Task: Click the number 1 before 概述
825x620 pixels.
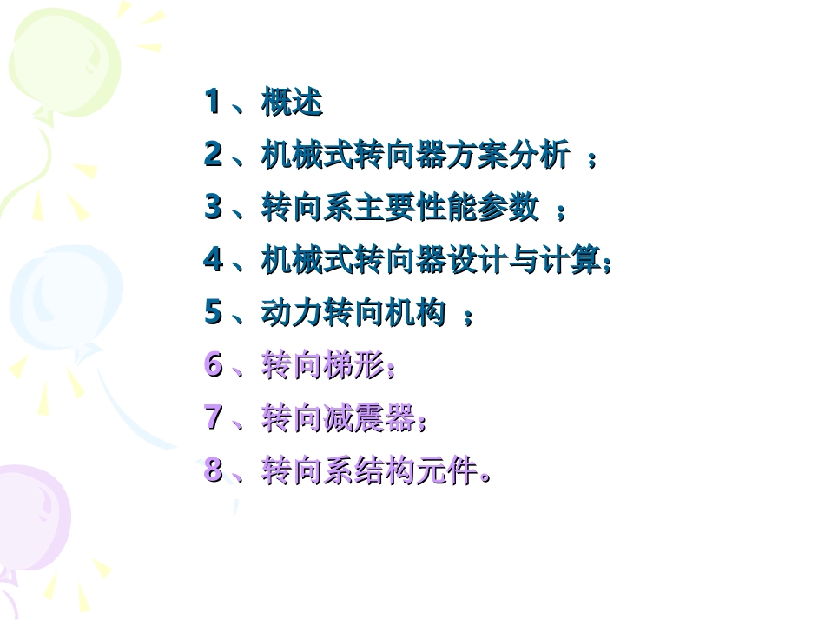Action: coord(212,103)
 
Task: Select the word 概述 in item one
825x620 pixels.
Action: coord(292,103)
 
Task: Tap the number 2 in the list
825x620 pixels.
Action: coord(213,155)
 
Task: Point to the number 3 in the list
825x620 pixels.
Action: coord(213,208)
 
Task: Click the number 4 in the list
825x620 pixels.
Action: coord(213,260)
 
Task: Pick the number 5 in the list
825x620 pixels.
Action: coord(213,312)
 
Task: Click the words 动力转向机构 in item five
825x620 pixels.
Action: coord(353,313)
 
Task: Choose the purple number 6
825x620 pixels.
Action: coord(213,365)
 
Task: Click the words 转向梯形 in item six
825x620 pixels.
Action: coord(322,366)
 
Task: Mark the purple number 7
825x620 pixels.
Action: coord(213,417)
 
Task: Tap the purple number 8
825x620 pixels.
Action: coord(213,470)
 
